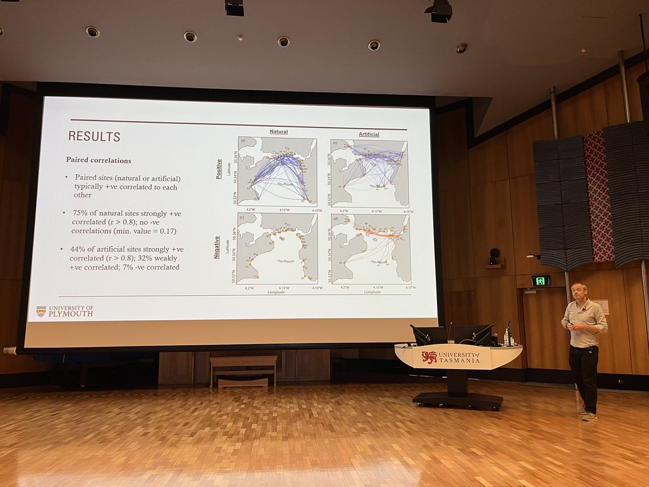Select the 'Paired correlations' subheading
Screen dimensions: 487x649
tap(98, 160)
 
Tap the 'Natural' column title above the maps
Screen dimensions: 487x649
tap(279, 131)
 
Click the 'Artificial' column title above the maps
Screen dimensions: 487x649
tap(369, 134)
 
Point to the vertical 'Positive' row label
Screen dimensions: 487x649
tap(218, 169)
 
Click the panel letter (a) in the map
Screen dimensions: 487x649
tap(243, 141)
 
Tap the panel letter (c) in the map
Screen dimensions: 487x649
tap(242, 217)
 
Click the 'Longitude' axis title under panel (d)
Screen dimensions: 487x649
tap(372, 292)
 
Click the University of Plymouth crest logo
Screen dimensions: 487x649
tap(41, 311)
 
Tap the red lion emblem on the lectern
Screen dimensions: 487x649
tap(429, 358)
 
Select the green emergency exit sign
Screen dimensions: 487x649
tap(540, 280)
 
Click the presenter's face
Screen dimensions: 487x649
tap(579, 293)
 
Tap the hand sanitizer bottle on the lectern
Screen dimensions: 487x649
tap(507, 338)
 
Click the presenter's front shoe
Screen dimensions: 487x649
tap(589, 416)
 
